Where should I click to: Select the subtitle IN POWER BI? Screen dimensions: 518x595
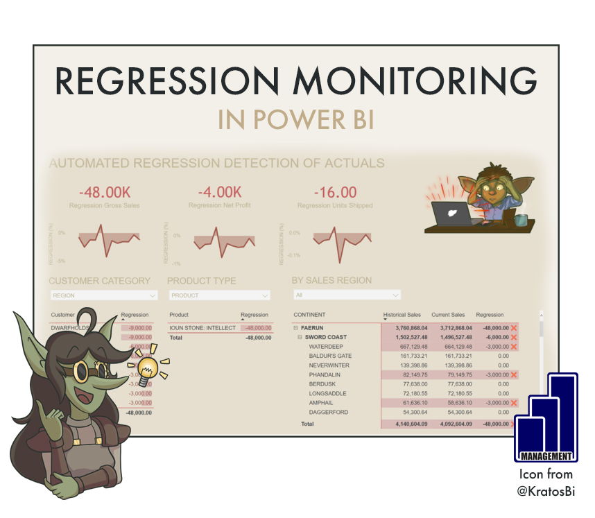coord(296,119)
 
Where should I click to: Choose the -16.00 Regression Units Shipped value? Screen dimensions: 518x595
coord(335,192)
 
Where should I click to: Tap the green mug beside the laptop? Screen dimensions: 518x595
coord(520,220)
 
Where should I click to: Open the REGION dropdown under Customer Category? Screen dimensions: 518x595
coord(104,295)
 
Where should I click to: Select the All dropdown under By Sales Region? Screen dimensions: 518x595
coord(347,295)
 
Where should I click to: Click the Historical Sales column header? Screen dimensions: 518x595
coord(402,315)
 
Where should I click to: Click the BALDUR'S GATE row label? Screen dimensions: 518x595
coord(330,356)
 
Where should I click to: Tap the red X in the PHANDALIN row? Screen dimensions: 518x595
coord(514,374)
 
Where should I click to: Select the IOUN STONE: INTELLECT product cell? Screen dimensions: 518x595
coord(202,328)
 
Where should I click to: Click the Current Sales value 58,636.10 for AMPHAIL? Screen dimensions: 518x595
coord(451,403)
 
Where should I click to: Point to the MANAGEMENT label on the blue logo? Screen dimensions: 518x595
coord(545,456)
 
